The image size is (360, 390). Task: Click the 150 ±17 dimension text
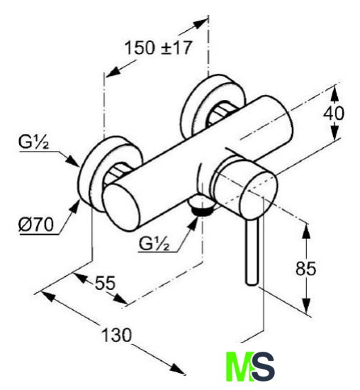pyautogui.click(x=158, y=48)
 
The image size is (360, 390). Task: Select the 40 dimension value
pyautogui.click(x=334, y=114)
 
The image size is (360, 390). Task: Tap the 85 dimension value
pyautogui.click(x=306, y=269)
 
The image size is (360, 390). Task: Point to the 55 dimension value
pyautogui.click(x=106, y=283)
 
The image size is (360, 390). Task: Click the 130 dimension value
pyautogui.click(x=117, y=335)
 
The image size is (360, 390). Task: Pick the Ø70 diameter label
pyautogui.click(x=36, y=225)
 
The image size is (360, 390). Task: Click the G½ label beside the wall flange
pyautogui.click(x=33, y=143)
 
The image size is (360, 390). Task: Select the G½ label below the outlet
pyautogui.click(x=154, y=244)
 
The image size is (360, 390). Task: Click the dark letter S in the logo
pyautogui.click(x=263, y=367)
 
